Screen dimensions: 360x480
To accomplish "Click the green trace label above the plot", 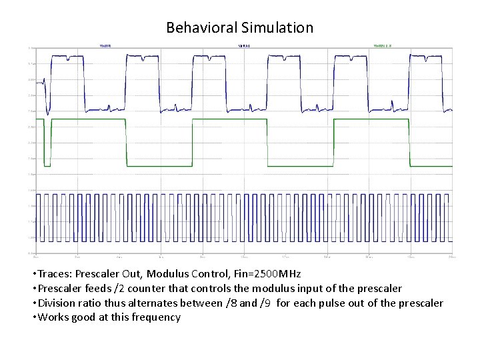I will coord(382,46).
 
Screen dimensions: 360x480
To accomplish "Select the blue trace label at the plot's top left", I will coord(105,46).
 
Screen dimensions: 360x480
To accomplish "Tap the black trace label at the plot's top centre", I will coord(244,46).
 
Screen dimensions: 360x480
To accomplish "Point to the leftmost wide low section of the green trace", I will coord(158,165).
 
